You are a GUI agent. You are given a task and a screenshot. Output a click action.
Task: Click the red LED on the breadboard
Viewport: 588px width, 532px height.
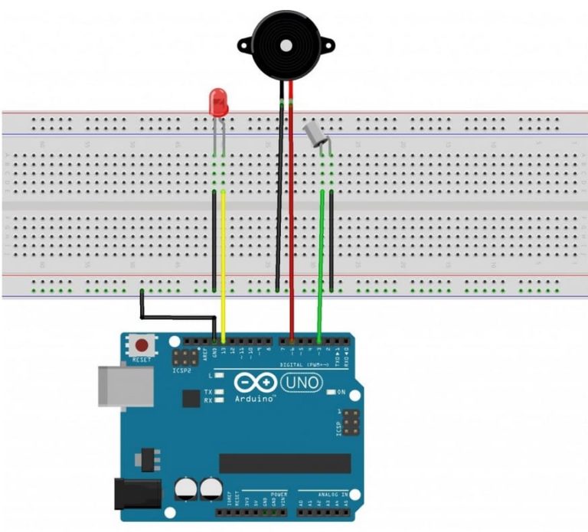click(218, 103)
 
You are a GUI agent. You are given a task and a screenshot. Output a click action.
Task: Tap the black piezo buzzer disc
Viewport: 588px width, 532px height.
click(286, 44)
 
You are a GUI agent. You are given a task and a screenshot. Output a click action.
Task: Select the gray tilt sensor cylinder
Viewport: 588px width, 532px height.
click(315, 135)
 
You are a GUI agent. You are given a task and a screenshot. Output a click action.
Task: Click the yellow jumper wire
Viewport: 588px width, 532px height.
click(223, 260)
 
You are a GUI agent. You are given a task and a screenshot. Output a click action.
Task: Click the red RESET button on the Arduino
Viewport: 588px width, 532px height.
click(142, 346)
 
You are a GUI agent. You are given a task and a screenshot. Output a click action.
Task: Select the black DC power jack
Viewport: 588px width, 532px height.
click(136, 493)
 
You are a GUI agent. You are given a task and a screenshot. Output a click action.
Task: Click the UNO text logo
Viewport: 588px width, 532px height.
click(302, 380)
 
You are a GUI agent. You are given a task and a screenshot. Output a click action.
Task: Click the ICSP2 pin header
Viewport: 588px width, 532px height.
click(183, 357)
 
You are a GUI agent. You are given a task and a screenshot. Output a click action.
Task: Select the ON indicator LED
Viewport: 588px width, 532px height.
click(331, 392)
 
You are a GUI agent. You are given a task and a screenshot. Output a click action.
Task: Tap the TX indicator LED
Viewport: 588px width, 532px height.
click(220, 392)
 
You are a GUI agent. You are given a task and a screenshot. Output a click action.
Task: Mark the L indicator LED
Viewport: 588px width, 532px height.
click(220, 376)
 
